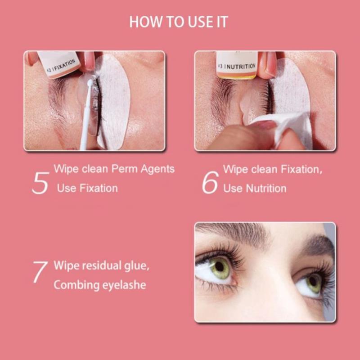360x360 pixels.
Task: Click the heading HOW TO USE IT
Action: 179,22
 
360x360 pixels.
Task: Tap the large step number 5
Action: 40,183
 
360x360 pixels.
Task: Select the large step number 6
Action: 210,182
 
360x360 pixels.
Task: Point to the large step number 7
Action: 40,272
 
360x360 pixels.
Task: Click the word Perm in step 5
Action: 124,170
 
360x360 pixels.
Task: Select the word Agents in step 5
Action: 157,170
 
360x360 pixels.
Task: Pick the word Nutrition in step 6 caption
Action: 266,189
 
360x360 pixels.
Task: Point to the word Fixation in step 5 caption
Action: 99,189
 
